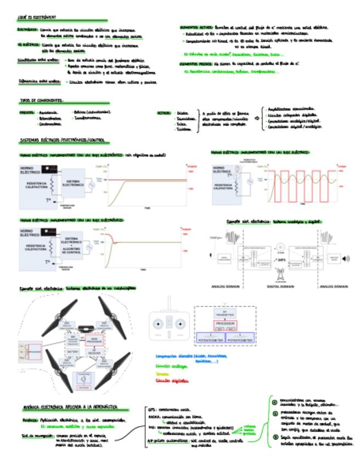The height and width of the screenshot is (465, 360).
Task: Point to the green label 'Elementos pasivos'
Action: [x=194, y=64]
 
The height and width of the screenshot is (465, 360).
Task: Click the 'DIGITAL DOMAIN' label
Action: [x=279, y=286]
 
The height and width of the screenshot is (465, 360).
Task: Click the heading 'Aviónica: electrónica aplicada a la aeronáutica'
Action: [x=71, y=408]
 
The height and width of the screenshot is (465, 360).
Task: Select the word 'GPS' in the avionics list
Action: [x=153, y=409]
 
